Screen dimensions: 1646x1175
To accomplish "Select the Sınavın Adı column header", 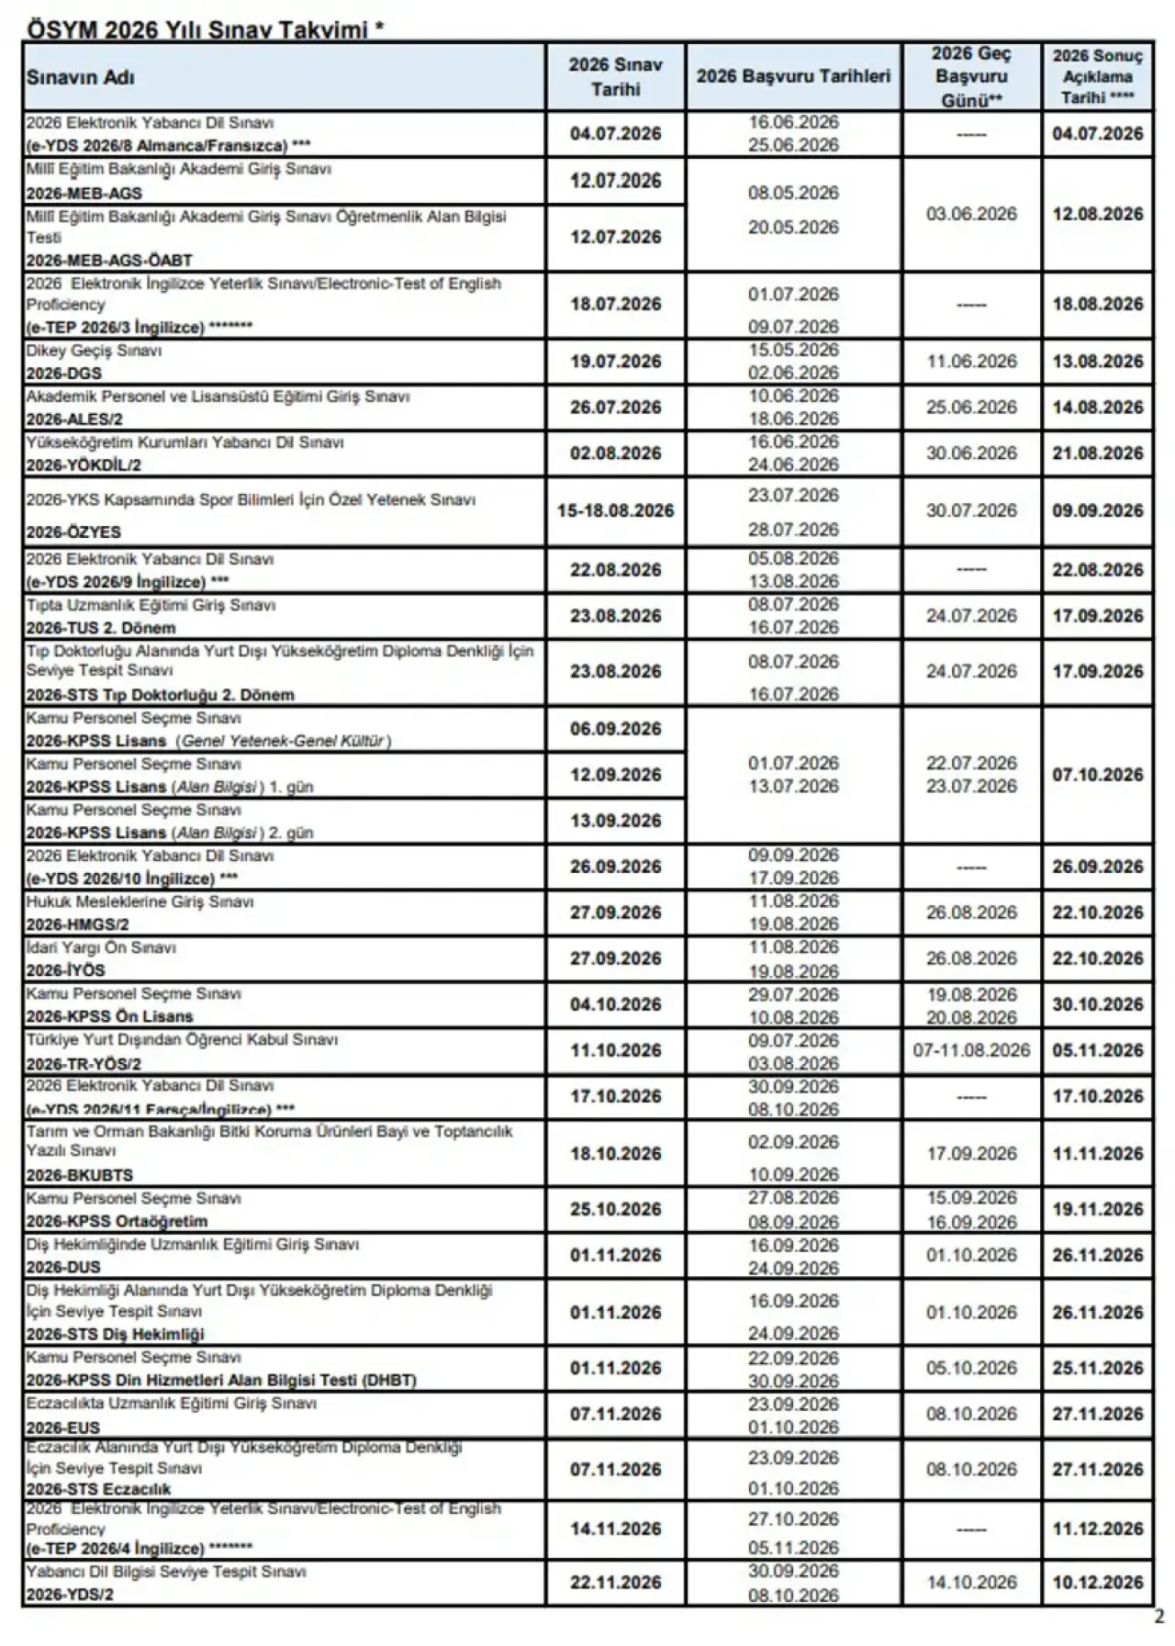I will [81, 78].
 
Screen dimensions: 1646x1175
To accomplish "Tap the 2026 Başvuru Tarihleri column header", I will [793, 76].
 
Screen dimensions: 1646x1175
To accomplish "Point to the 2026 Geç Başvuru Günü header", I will [971, 77].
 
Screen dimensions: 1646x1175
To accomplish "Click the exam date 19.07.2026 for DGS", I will [615, 362].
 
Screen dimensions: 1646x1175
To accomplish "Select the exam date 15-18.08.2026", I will [615, 511].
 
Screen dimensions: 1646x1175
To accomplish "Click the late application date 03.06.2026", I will [971, 214].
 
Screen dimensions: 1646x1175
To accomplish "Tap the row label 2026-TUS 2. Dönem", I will [101, 628].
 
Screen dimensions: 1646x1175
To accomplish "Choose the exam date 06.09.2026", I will [615, 729].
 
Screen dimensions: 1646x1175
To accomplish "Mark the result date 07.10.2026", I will [1098, 775].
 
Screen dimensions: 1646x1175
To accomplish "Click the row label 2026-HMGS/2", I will [77, 924].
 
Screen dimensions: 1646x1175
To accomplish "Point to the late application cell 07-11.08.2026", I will [971, 1050].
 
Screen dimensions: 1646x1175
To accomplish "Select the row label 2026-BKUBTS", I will [80, 1175].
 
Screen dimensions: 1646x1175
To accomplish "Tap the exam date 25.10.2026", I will [615, 1209].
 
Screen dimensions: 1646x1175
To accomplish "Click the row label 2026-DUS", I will [63, 1267].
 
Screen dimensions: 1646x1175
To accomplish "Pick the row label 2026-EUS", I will [63, 1428].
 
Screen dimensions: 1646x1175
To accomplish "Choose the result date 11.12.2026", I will [1098, 1528].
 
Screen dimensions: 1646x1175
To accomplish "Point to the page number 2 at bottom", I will [1159, 1617].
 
